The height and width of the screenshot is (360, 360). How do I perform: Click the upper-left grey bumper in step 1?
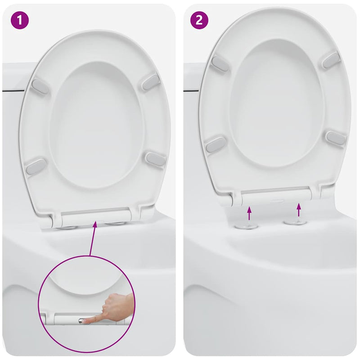[x=40, y=86]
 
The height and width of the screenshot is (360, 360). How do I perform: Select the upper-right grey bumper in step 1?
[x=151, y=82]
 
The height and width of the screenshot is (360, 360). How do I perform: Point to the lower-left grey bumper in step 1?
[x=36, y=166]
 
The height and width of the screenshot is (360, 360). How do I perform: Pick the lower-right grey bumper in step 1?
[x=155, y=159]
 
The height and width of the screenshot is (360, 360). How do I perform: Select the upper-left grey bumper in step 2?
[x=220, y=63]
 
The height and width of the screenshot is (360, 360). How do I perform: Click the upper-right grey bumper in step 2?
[x=331, y=60]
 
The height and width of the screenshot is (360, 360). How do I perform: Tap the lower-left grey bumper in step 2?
[x=216, y=144]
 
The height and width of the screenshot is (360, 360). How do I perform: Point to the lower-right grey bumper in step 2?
[x=336, y=138]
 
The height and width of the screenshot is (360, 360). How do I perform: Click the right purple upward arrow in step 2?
[x=298, y=209]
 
